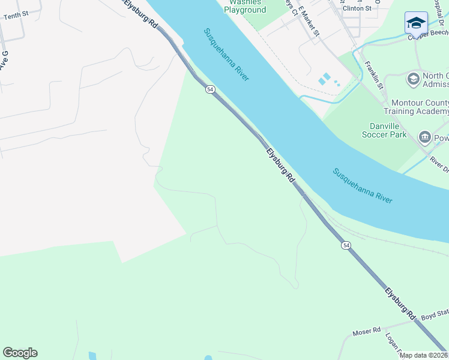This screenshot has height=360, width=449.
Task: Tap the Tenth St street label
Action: (16, 16)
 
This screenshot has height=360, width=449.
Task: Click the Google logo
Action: (20, 353)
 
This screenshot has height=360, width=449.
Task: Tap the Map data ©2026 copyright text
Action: (423, 355)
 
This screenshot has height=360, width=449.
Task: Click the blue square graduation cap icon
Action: (416, 23)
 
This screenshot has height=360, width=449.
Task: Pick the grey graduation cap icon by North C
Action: (413, 79)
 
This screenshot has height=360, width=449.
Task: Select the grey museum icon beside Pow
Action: (425, 137)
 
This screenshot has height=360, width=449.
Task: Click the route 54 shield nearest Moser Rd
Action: (346, 245)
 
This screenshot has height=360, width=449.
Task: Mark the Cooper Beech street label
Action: (428, 35)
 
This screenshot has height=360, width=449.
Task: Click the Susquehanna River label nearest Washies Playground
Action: (226, 55)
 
